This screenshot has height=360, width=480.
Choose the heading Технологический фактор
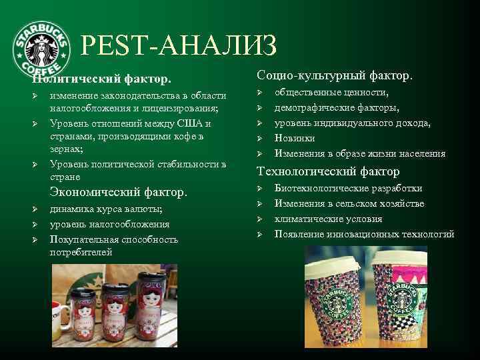point(328,172)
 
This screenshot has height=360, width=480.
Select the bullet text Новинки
point(295,138)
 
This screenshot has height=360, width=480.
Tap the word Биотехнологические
point(320,188)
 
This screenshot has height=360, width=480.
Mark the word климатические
point(307,219)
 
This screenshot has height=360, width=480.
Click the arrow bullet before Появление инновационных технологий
point(261,234)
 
